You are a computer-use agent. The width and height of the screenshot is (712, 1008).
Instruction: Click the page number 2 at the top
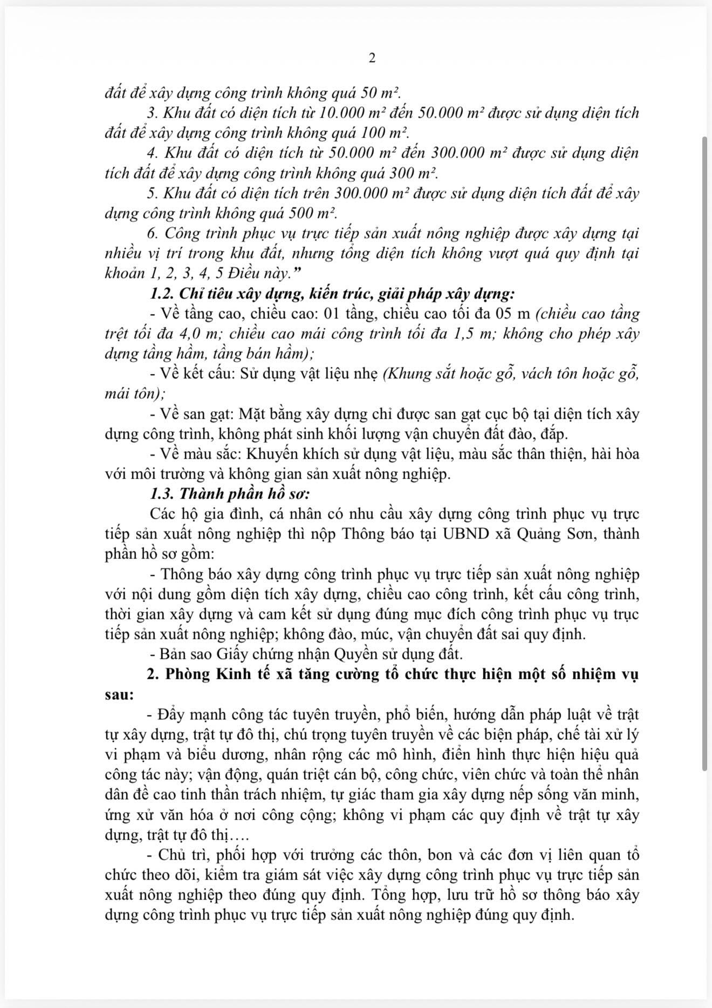tap(372, 58)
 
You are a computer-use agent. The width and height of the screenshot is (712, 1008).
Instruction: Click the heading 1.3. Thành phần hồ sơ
tap(230, 494)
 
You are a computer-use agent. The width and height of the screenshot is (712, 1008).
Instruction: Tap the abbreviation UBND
tap(465, 534)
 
